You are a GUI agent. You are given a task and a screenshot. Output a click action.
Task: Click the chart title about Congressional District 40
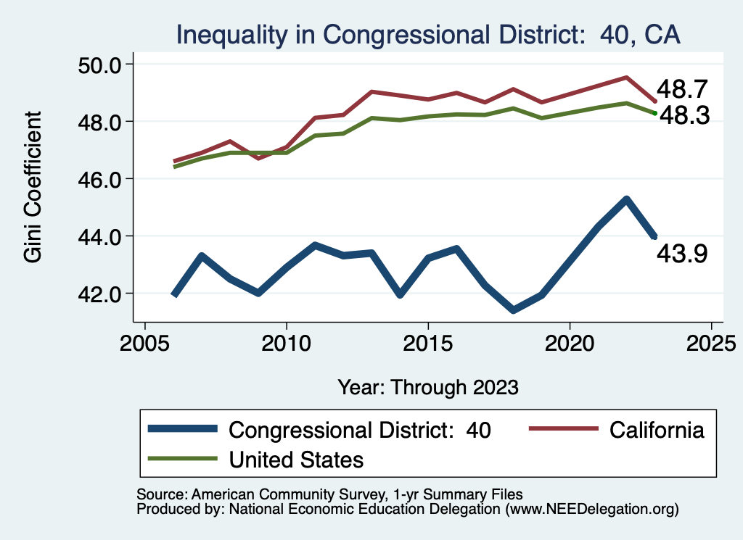428,34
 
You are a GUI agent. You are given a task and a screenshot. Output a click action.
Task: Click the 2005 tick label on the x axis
145,341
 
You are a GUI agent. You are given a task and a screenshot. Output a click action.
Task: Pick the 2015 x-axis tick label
428,341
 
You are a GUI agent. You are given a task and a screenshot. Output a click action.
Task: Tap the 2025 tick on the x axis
711,341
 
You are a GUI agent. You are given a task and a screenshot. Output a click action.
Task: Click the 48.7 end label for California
682,90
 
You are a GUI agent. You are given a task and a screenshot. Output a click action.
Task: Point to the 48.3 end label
682,115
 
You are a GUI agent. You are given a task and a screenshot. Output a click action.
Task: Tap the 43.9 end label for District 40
682,254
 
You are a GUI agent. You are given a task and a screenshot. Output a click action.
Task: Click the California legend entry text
657,430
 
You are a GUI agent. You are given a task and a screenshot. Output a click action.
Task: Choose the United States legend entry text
296,459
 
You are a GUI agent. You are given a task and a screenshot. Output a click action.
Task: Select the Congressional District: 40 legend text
360,430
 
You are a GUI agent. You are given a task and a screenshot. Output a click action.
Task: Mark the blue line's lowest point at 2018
513,310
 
